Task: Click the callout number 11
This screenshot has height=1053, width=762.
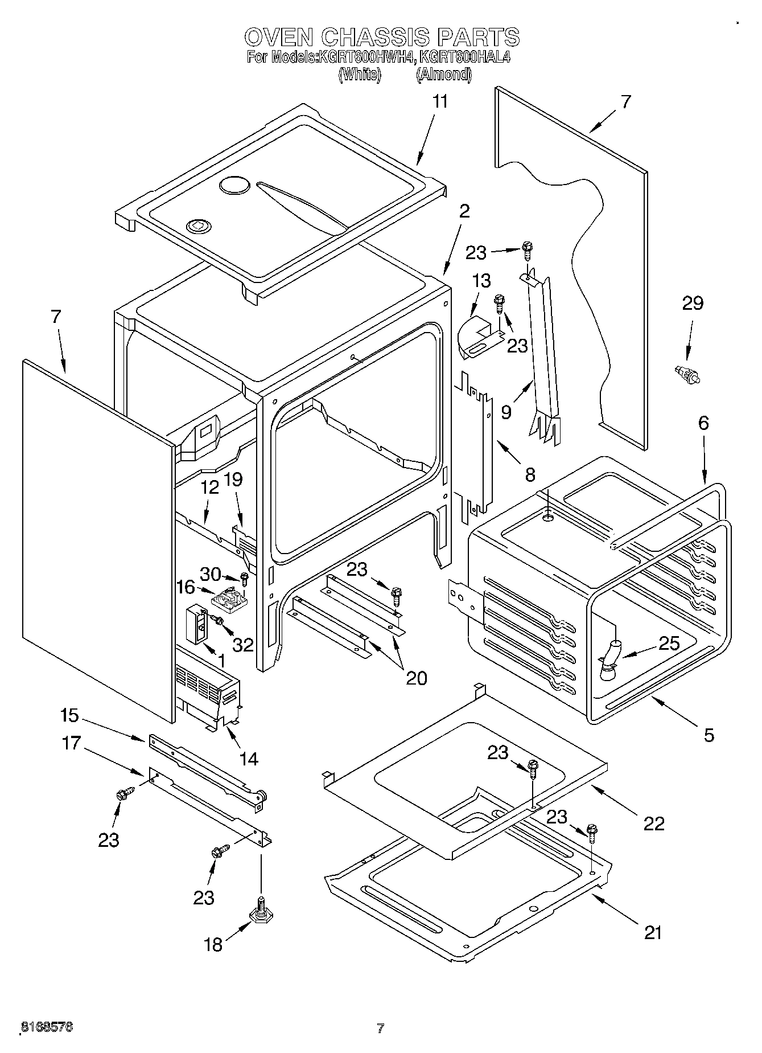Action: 440,102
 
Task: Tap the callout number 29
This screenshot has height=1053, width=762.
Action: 693,304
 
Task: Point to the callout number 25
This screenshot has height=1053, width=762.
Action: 669,644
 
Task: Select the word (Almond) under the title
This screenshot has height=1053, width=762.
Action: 443,75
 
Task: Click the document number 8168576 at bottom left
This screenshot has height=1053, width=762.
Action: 47,1027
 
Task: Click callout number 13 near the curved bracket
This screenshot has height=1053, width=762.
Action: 481,281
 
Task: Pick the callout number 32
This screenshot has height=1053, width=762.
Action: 243,645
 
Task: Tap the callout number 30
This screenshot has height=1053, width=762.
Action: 210,574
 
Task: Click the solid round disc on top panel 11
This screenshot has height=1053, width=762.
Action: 234,185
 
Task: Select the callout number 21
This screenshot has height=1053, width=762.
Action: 653,932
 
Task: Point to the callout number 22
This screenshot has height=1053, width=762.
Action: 653,823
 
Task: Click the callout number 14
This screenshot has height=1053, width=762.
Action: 249,759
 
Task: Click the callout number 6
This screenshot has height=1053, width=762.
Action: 704,423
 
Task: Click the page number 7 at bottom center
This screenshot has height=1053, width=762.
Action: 380,1028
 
